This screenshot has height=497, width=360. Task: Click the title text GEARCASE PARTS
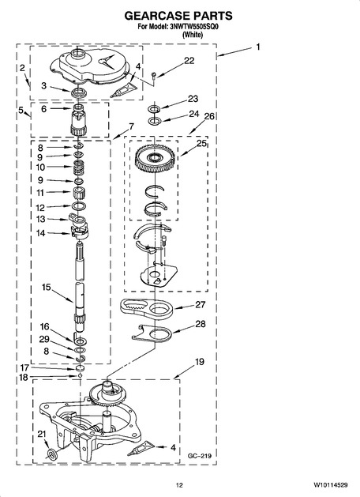coord(178,16)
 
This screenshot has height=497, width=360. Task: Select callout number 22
coord(189,60)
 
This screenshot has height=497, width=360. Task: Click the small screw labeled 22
coord(154,75)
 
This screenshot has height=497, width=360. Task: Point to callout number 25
coord(201,143)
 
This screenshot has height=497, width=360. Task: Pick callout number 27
coord(200,305)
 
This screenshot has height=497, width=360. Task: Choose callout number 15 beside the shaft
coord(47,287)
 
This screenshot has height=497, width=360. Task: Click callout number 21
coord(42,434)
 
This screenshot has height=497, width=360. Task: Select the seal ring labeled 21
coord(51,454)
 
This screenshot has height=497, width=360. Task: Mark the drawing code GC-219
coord(200,456)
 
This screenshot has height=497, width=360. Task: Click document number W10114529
coord(331,485)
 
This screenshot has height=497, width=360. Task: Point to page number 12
coord(179,485)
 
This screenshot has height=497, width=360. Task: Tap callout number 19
coord(200,362)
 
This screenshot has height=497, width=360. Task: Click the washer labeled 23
coord(154,109)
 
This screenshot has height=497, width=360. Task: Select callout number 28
coord(200,324)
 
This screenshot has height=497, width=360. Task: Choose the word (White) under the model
coord(193,35)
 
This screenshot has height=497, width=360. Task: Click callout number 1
coord(258,47)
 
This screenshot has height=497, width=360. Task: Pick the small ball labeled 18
coord(80,376)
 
